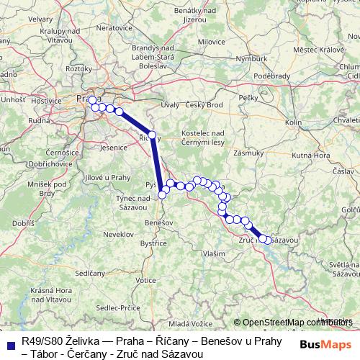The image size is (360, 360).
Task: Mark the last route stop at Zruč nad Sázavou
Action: tap(269, 240)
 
